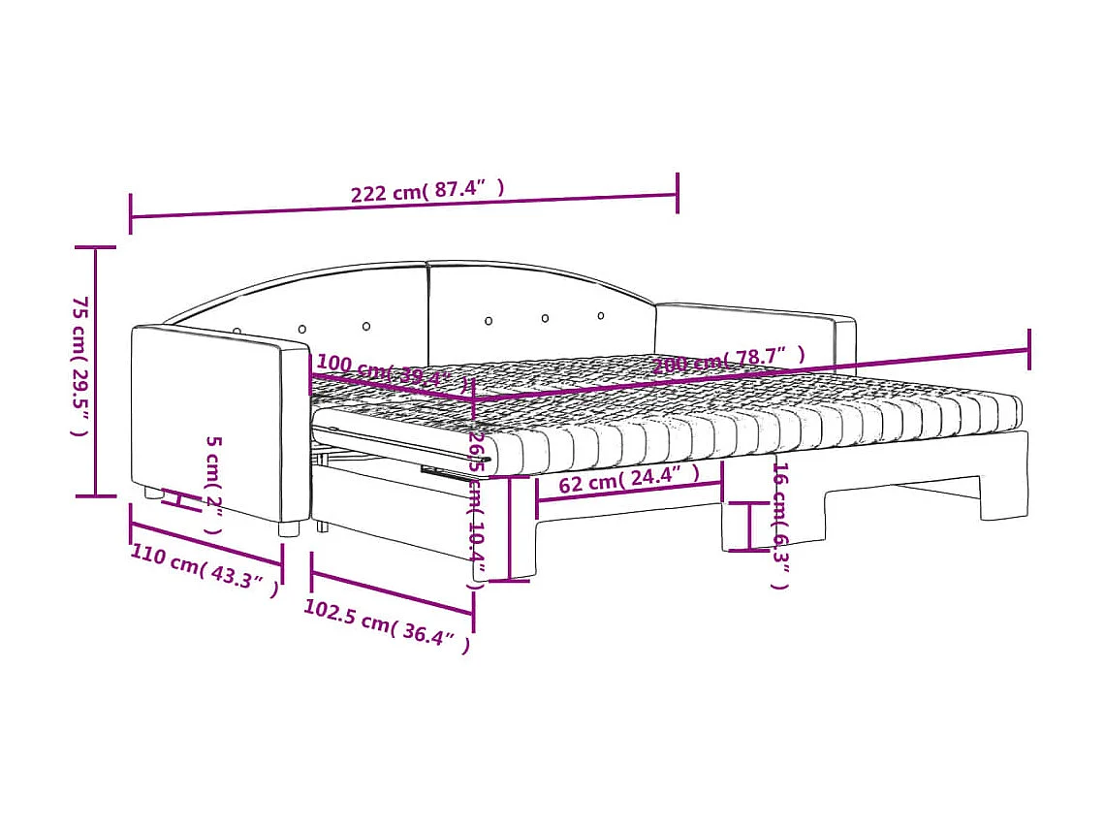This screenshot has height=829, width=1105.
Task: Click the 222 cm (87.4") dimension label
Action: [x=427, y=190]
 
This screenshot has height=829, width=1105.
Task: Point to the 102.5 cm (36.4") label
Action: [x=387, y=625]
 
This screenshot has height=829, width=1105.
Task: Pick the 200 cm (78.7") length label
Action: [x=729, y=360]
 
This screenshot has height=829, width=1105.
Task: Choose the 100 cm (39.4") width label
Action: [x=393, y=371]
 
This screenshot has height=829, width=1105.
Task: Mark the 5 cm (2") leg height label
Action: [x=214, y=485]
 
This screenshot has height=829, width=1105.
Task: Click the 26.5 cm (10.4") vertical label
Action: [x=475, y=509]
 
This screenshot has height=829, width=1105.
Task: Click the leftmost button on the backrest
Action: [x=237, y=332]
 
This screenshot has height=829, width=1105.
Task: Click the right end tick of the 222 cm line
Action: [x=677, y=193]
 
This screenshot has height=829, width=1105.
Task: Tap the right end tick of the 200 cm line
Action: [x=1028, y=349]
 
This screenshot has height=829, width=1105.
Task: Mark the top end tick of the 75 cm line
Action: [x=95, y=248]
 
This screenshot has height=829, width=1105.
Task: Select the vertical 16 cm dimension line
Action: [x=748, y=526]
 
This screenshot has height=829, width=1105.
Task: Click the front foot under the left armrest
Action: [x=288, y=528]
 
